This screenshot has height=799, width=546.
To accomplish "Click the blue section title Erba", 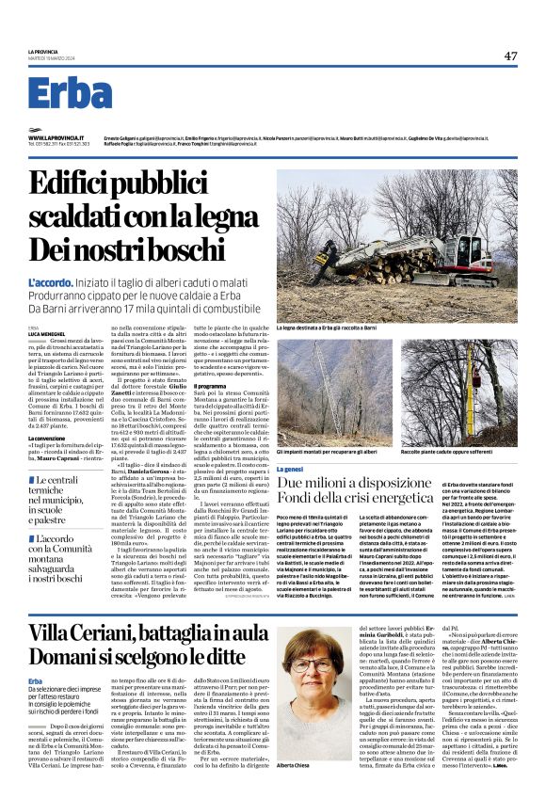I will (70, 93).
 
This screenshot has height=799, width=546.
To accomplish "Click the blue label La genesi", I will (292, 469).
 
